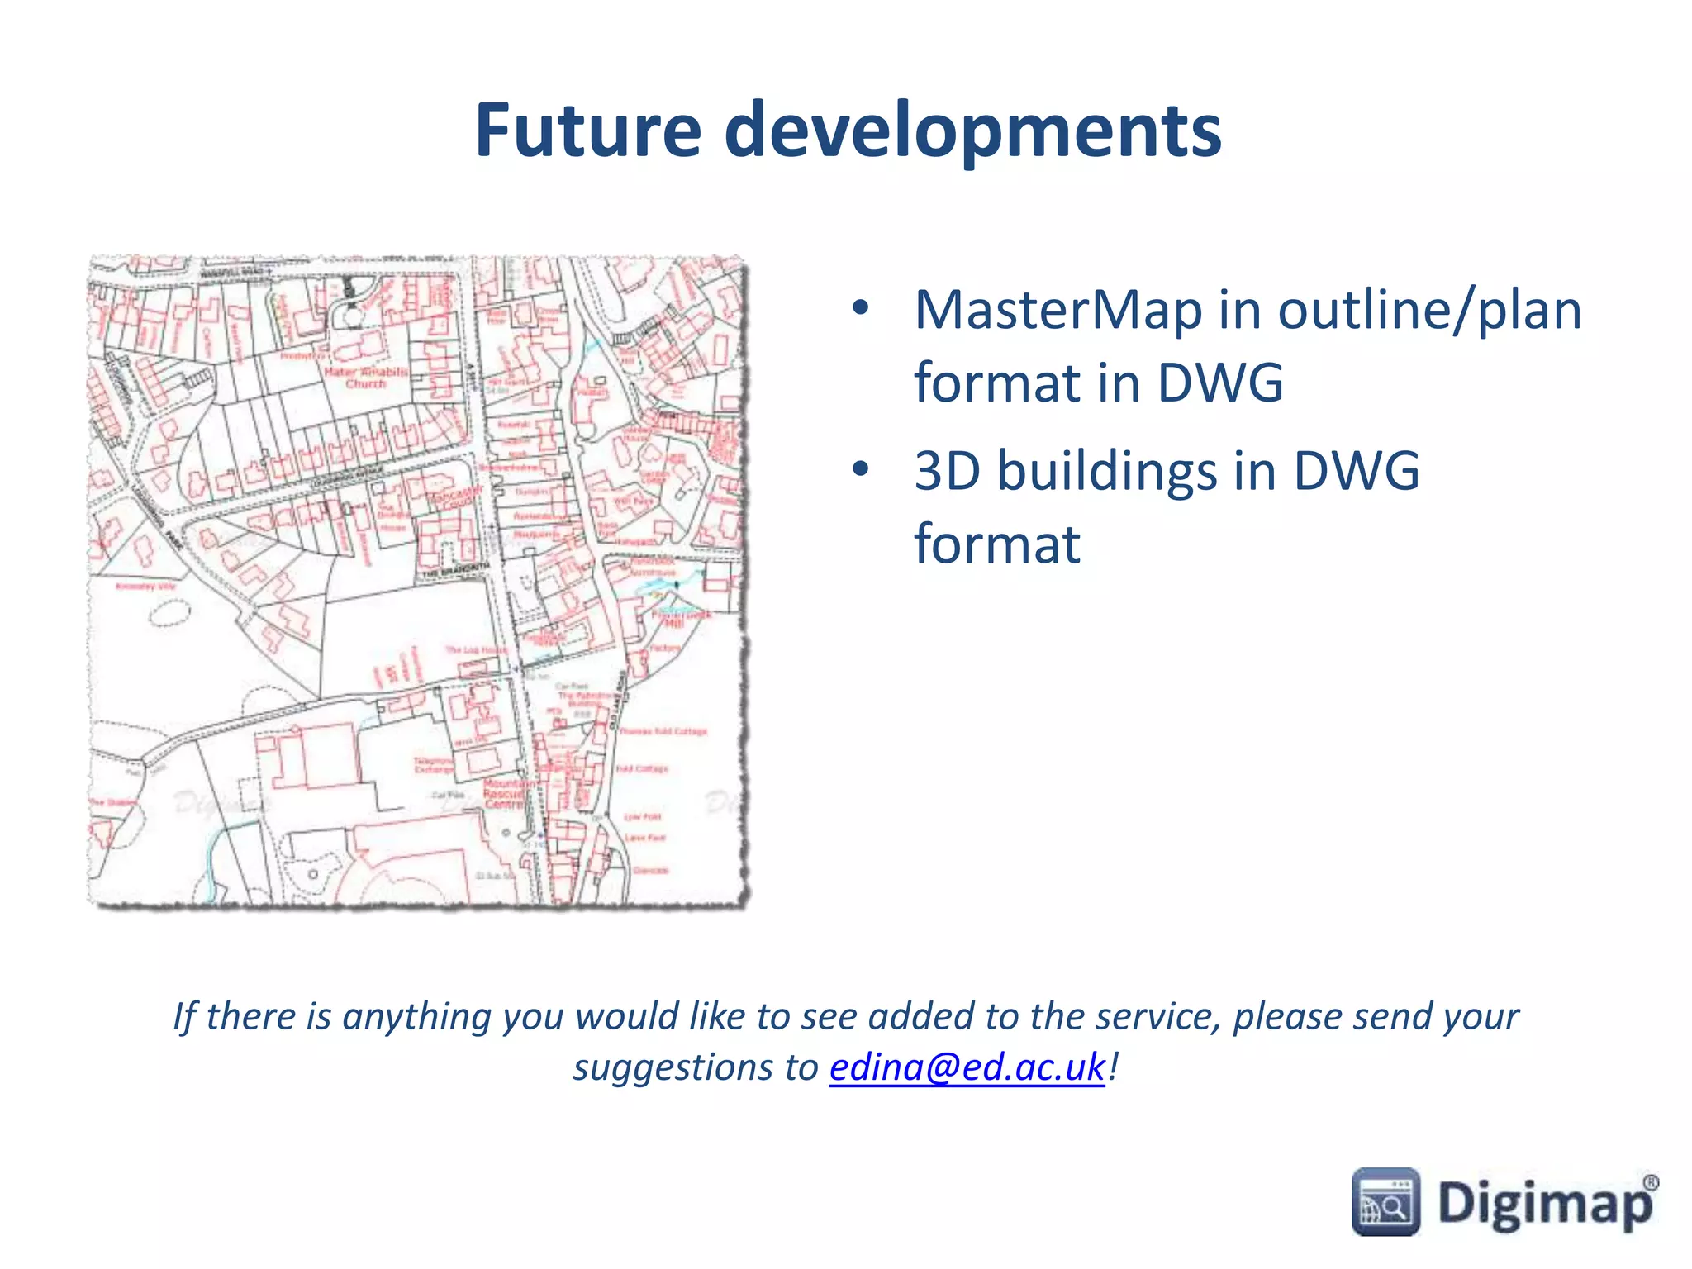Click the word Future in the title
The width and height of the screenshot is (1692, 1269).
pos(588,130)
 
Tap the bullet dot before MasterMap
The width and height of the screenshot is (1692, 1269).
pos(861,309)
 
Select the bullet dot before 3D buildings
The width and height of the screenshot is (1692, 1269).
pos(861,469)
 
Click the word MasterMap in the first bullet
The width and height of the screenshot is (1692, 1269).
pos(1058,311)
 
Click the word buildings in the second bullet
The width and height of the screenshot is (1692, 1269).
pos(1106,471)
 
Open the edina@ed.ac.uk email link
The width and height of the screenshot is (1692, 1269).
pos(967,1067)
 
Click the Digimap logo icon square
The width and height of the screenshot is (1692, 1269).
pos(1385,1202)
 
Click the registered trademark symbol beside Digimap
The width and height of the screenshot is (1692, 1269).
pos(1650,1182)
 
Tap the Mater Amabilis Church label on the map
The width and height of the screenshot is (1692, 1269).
pos(366,378)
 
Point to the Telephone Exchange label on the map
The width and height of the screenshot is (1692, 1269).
pos(434,764)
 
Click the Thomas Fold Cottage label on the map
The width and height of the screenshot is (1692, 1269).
pos(663,731)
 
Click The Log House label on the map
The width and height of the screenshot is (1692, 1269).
pos(476,650)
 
